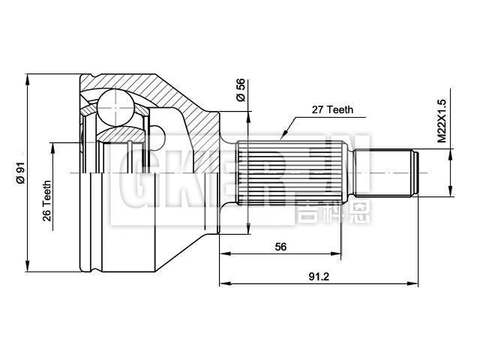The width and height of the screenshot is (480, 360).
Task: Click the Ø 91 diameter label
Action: tap(21, 172)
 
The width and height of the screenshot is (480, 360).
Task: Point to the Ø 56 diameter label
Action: tap(241, 90)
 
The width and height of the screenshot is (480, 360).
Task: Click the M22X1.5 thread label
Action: tap(442, 119)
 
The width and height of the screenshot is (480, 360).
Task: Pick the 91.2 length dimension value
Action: tap(319, 276)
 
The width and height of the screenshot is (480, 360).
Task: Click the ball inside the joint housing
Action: tap(114, 105)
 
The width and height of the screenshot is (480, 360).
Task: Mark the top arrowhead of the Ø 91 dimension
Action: tap(27, 76)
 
